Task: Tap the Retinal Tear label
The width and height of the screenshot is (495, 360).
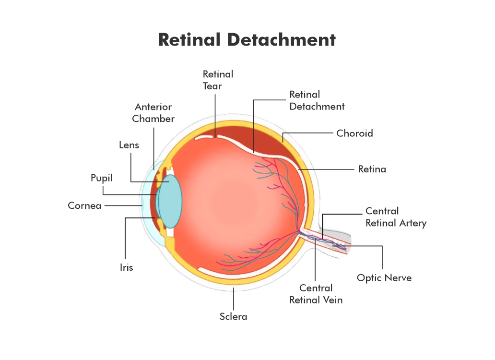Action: point(218,80)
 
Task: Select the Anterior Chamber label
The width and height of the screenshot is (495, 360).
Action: point(153,113)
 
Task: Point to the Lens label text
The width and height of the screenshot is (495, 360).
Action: point(129,144)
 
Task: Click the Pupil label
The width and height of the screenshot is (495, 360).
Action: point(102,178)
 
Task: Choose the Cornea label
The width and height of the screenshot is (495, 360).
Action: point(84,206)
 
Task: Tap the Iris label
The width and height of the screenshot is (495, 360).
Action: point(127,267)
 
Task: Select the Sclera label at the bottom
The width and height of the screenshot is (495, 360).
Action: point(234,316)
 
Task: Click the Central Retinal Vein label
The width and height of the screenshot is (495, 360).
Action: point(316,294)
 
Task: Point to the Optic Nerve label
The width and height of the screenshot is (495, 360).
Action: point(384,277)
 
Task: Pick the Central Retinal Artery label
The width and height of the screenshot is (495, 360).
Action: point(396,217)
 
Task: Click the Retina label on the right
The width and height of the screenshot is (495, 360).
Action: point(372,169)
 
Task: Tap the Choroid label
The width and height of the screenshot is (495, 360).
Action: point(354,133)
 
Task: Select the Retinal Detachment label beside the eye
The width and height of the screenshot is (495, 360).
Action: point(317,100)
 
